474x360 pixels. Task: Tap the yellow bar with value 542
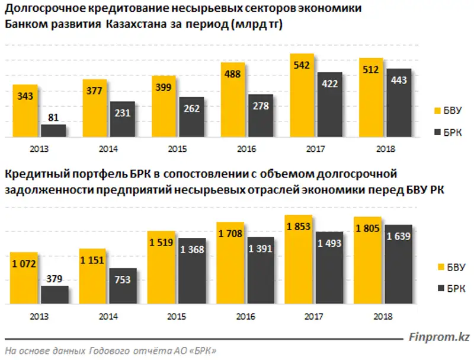(x=302, y=95)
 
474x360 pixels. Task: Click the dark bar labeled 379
(x=55, y=295)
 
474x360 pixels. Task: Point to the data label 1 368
(x=191, y=251)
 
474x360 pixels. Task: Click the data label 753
(x=123, y=281)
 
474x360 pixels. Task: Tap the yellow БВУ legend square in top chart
(x=438, y=110)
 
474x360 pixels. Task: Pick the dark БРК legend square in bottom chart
(x=438, y=288)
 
